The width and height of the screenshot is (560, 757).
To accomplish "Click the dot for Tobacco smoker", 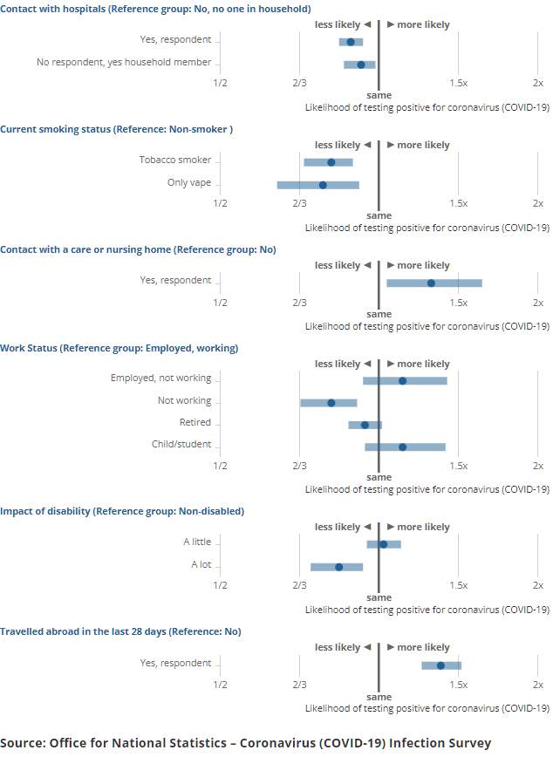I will (331, 162).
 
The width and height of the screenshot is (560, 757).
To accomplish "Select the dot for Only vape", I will (323, 185).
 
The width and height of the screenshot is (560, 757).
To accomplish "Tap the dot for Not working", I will (331, 403).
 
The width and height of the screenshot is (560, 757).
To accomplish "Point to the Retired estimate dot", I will (365, 425).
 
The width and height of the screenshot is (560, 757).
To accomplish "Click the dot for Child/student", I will (402, 447).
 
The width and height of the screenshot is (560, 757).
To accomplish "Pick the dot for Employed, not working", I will (402, 380).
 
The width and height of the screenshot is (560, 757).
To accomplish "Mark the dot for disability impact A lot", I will (338, 567).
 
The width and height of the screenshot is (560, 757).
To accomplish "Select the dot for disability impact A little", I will (383, 544).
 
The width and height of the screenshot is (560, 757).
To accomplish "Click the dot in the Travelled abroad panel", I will (440, 665).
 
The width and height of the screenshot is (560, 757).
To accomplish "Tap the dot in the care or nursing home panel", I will (431, 283).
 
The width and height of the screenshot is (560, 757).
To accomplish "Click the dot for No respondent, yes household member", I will (360, 65).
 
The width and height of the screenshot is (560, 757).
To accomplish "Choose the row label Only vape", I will (189, 182).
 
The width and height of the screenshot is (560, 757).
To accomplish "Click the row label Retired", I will (195, 422).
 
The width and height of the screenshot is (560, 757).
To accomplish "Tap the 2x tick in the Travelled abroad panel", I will (537, 685).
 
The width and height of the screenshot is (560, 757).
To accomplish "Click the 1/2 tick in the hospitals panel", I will (220, 83).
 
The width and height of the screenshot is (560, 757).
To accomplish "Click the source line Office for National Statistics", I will (245, 743).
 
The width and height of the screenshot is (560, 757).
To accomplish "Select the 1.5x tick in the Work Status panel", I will (458, 466).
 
